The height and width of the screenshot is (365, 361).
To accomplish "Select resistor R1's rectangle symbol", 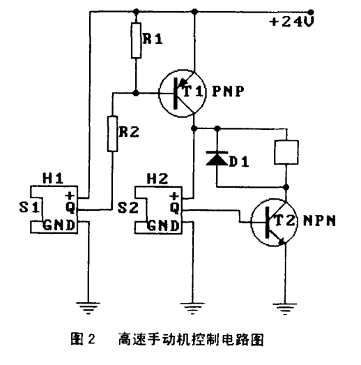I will (x=136, y=41).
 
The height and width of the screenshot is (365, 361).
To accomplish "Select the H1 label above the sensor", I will (x=55, y=179).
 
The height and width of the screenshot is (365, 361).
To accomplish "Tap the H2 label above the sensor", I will (x=160, y=179).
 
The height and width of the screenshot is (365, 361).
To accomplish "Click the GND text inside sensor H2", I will (x=164, y=225).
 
